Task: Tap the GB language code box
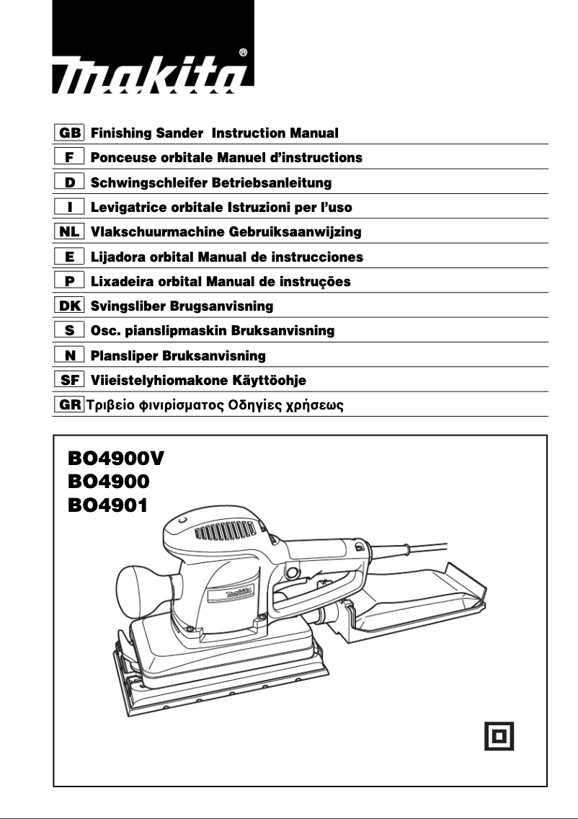(70, 133)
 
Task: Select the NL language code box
(70, 232)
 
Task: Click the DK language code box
(70, 306)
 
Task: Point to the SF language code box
(70, 380)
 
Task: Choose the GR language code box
(70, 404)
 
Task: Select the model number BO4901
(108, 505)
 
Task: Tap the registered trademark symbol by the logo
(244, 52)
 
